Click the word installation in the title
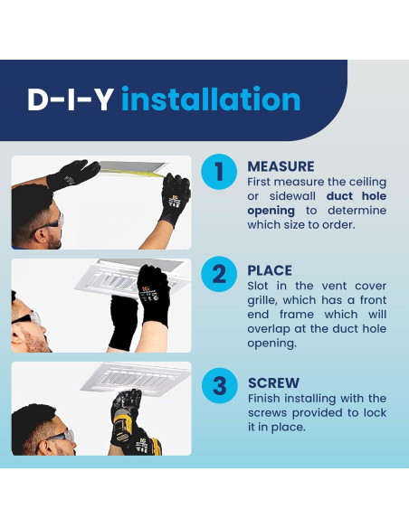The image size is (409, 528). point(211,99)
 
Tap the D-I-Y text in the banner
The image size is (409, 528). point(70,99)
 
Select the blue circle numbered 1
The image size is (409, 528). point(219,172)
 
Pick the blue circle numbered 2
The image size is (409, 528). point(219,274)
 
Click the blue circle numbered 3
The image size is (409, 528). point(219,385)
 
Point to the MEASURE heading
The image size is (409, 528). point(281,166)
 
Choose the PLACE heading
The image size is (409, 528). point(270,270)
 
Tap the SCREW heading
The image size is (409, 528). point(273,382)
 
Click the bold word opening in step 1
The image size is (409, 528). point(271,212)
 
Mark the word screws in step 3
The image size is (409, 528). point(267,413)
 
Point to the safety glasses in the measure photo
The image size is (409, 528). point(48,223)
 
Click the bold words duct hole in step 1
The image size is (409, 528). point(357,196)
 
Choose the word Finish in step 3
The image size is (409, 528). point(264,399)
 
